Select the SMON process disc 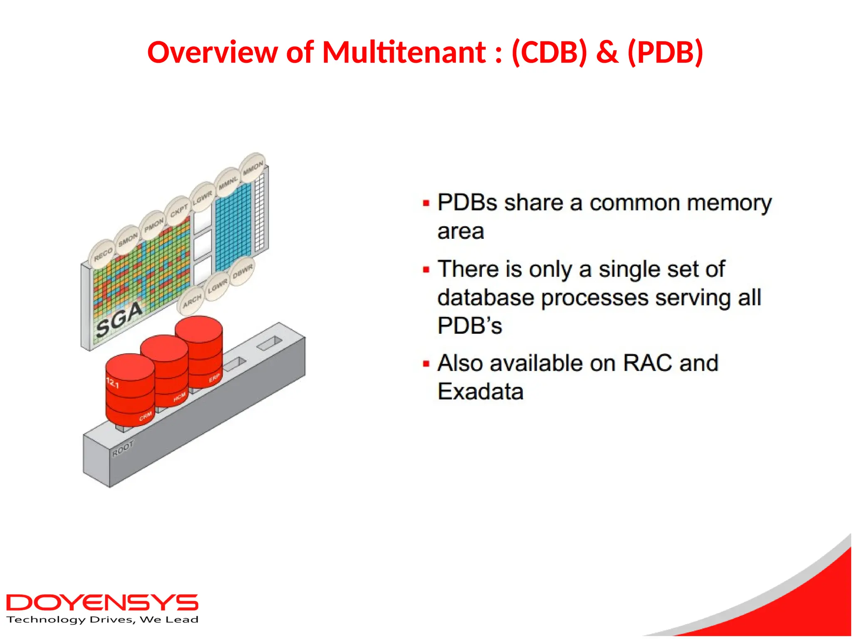[x=128, y=240]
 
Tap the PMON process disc [x=154, y=225]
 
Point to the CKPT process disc [x=178, y=211]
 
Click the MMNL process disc [x=228, y=182]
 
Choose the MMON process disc [x=253, y=168]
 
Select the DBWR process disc [x=243, y=272]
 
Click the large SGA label [x=119, y=320]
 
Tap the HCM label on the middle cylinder [x=179, y=398]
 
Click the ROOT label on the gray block [x=123, y=449]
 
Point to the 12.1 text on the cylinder [x=113, y=383]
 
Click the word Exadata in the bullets [x=480, y=391]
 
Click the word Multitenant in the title [x=404, y=52]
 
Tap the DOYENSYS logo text [x=102, y=602]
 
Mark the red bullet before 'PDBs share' [x=426, y=203]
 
